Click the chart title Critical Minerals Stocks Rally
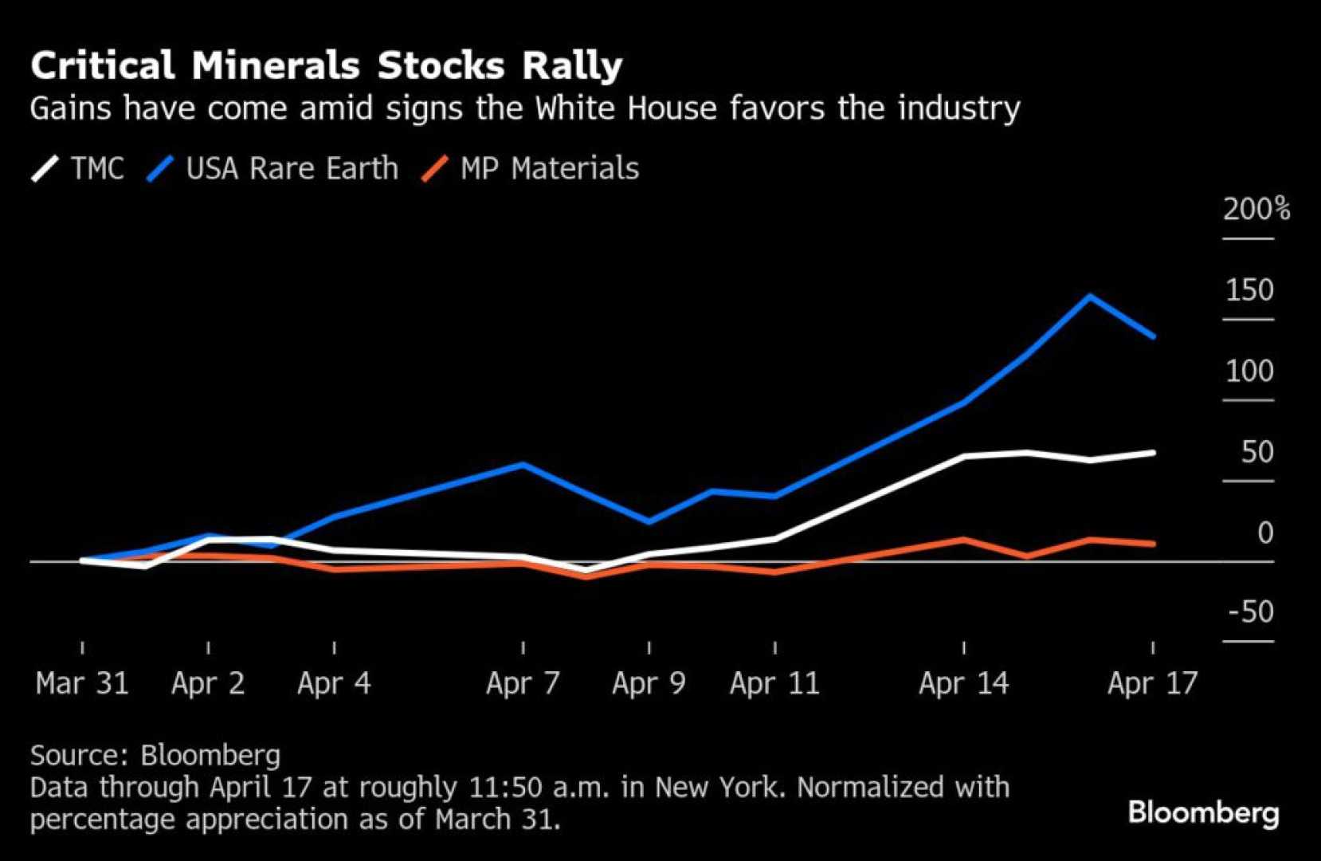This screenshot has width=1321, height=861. click(326, 65)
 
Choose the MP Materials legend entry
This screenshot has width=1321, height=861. click(531, 168)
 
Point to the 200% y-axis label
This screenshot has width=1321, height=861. click(1256, 209)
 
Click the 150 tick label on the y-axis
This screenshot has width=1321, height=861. click(1249, 290)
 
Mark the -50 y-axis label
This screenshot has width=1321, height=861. click(1251, 611)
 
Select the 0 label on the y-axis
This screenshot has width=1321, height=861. click(1264, 533)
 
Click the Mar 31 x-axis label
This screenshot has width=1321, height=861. click(82, 683)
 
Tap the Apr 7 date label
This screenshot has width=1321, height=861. click(523, 683)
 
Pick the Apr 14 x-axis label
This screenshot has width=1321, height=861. click(963, 683)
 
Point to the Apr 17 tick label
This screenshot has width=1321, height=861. click(1152, 683)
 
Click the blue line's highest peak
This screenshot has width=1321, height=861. click(1090, 297)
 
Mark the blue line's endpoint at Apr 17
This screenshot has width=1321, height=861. click(1153, 336)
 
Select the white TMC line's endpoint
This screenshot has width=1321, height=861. click(1153, 453)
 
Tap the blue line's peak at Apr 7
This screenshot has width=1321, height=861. click(523, 464)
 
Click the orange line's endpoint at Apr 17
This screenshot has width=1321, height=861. click(1153, 544)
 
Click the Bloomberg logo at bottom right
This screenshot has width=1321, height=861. click(1203, 812)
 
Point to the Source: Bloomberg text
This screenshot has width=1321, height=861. click(155, 754)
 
